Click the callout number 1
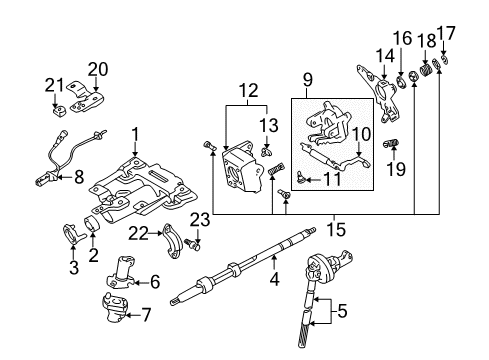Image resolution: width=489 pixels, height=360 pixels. pos(135,133)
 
